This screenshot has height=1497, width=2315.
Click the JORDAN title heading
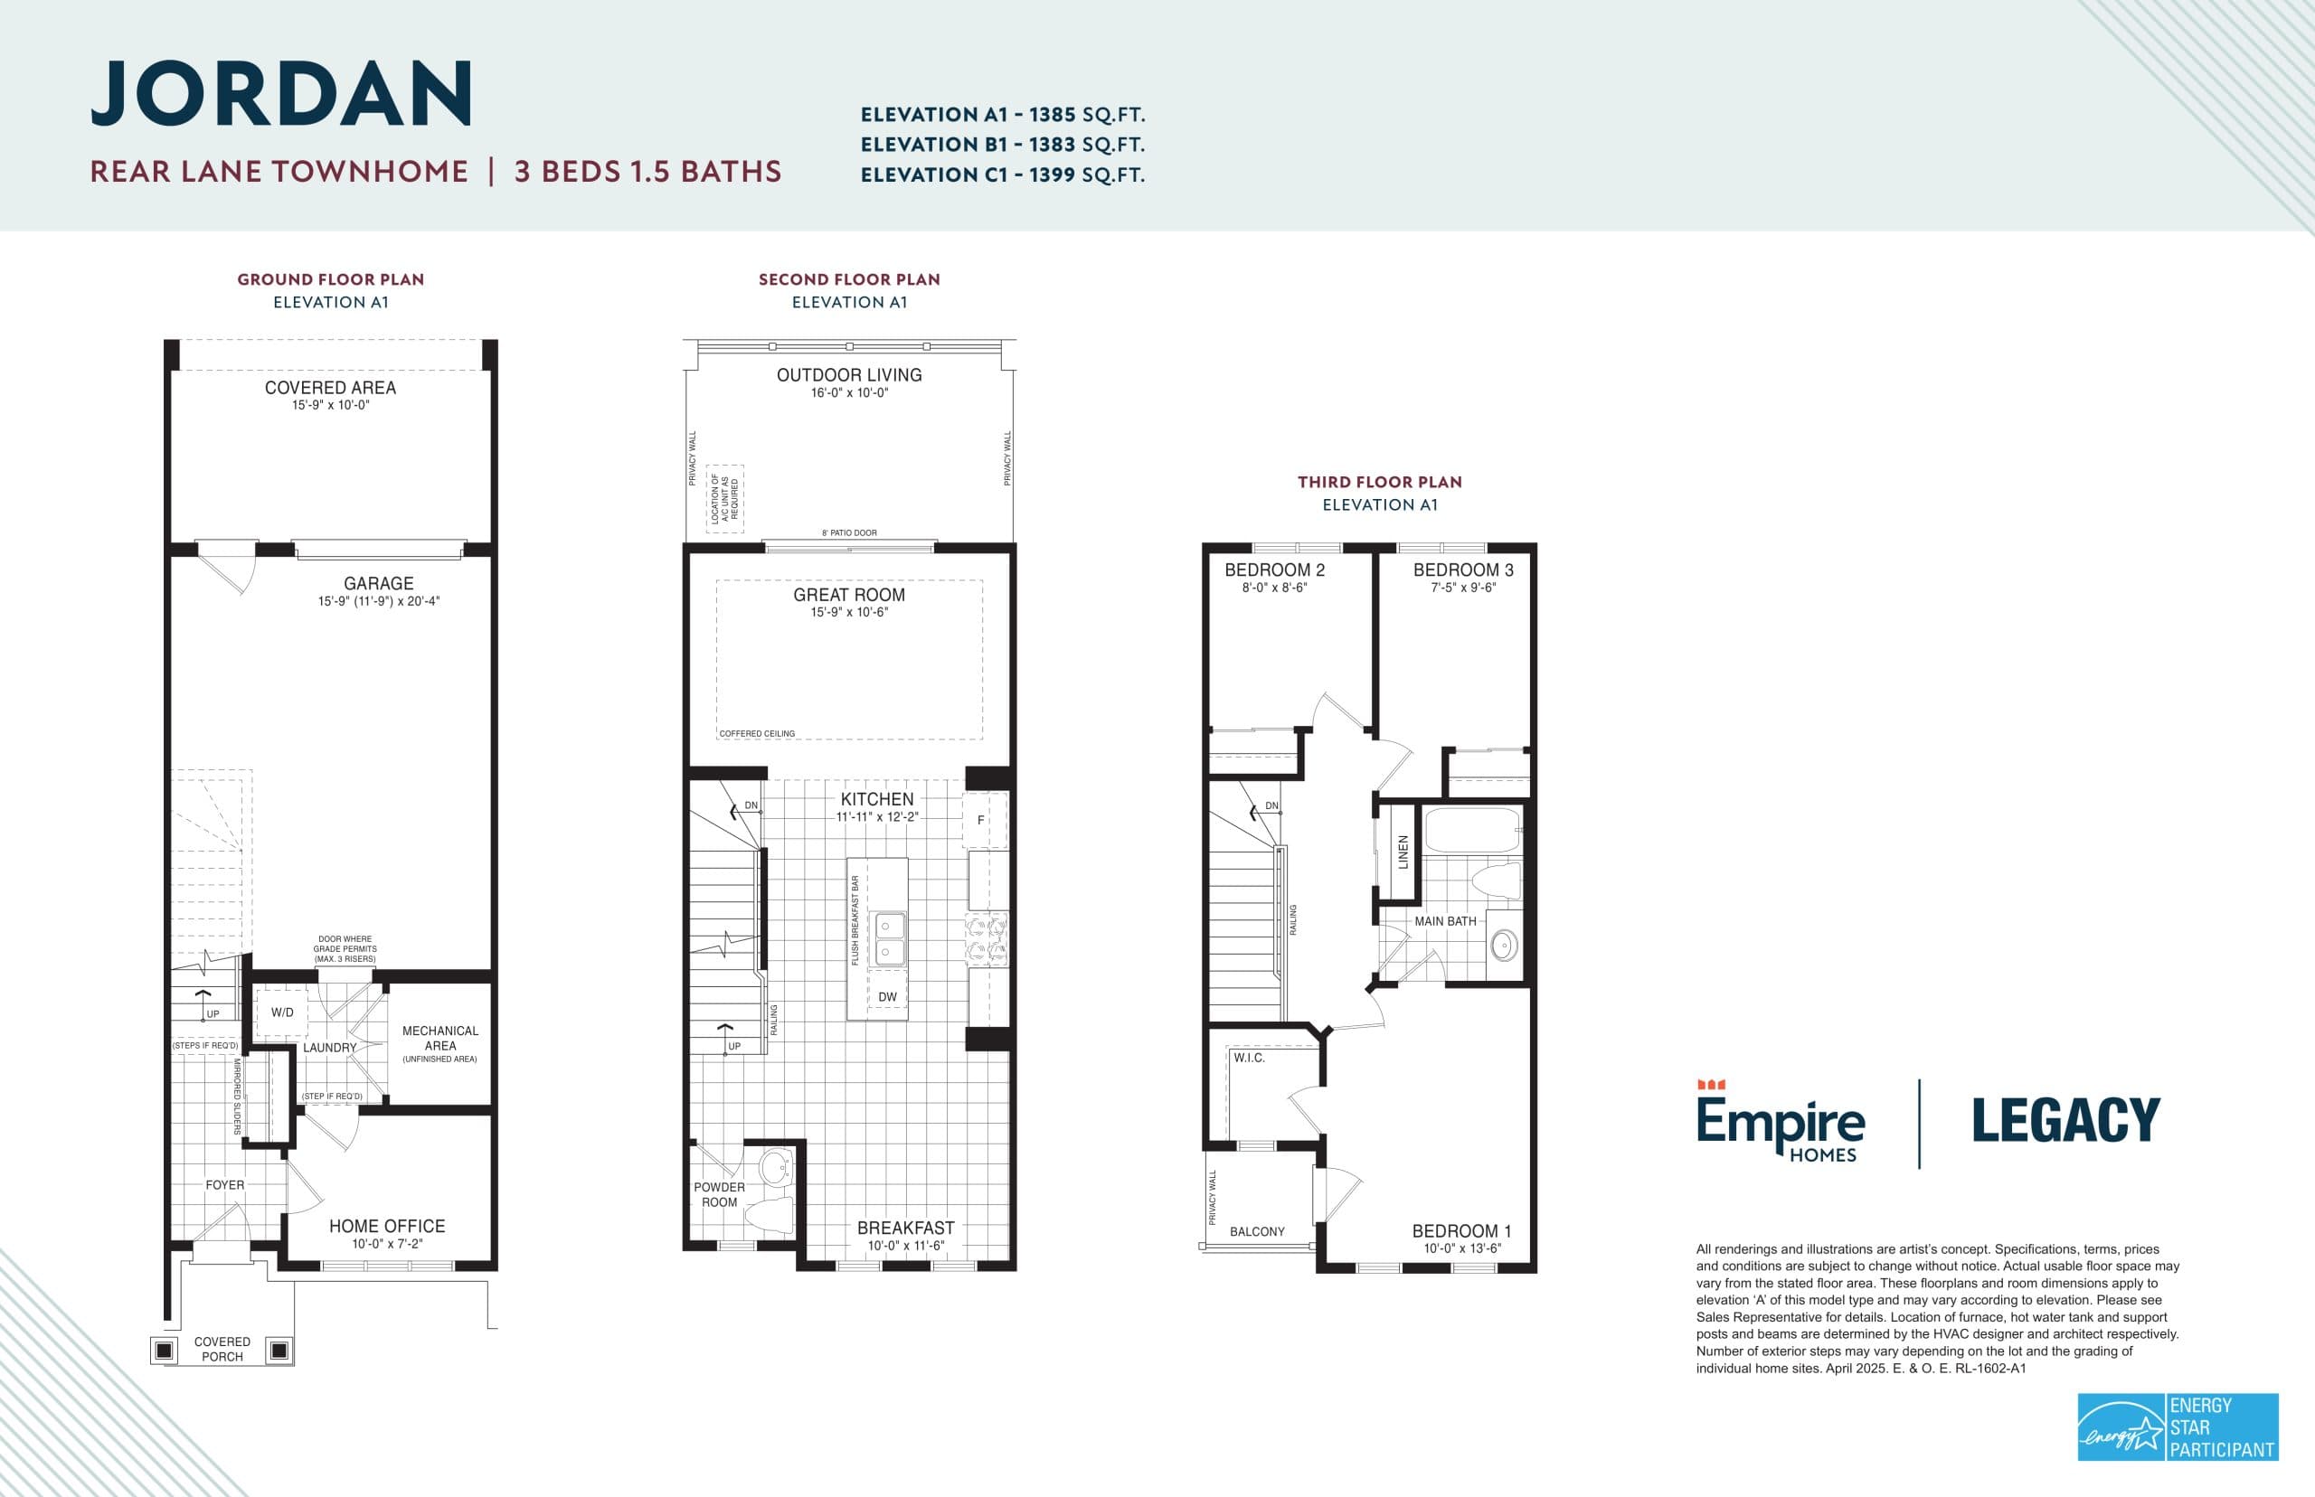coord(281,93)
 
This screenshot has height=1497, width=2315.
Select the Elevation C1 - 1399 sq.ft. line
coord(1003,175)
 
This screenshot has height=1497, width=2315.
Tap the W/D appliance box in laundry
coord(282,1012)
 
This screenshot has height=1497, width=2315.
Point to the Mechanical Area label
coord(439,1038)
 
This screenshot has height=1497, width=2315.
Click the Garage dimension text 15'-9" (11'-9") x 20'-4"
coord(378,602)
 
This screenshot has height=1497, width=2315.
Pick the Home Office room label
coord(386,1227)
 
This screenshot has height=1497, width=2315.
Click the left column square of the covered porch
coord(165,1351)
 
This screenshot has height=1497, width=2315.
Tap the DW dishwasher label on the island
coord(887,997)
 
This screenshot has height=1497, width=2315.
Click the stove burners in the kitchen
coord(986,939)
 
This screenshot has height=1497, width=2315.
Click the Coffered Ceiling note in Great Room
coord(758,734)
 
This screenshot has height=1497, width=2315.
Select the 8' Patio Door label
coord(849,532)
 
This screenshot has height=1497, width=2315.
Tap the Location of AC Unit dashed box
coord(724,499)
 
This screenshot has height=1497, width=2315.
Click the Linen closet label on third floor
coord(1403,852)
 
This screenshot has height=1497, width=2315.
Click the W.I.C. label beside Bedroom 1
coord(1249,1058)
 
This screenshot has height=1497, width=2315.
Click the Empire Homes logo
coord(1781,1123)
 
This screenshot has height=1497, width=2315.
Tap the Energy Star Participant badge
coord(2177,1426)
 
